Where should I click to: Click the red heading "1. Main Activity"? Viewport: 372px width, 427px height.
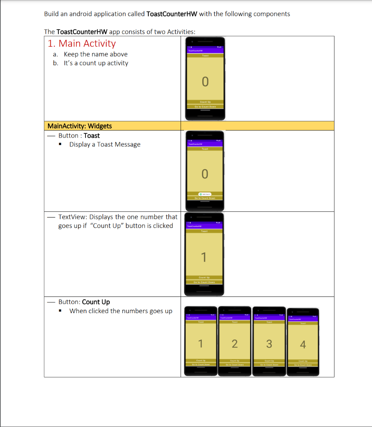pyautogui.click(x=82, y=43)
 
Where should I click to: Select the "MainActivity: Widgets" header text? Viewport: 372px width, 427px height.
pyautogui.click(x=80, y=126)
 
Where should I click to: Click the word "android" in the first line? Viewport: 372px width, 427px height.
pyautogui.click(x=81, y=14)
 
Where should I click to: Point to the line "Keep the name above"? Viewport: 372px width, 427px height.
pyautogui.click(x=96, y=54)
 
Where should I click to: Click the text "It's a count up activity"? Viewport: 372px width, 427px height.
pyautogui.click(x=96, y=63)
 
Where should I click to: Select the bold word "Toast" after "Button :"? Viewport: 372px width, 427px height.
pyautogui.click(x=92, y=136)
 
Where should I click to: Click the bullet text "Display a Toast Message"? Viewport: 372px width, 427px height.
pyautogui.click(x=105, y=144)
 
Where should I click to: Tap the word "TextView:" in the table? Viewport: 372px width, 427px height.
pyautogui.click(x=73, y=217)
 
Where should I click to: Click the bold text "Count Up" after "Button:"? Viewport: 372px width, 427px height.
pyautogui.click(x=96, y=302)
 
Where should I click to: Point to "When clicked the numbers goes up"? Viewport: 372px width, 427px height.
pyautogui.click(x=121, y=311)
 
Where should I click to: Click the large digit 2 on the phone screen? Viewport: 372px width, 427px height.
pyautogui.click(x=234, y=344)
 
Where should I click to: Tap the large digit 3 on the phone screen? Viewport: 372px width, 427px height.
pyautogui.click(x=269, y=344)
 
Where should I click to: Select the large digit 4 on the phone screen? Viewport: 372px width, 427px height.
pyautogui.click(x=303, y=345)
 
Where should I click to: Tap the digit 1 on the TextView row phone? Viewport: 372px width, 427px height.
pyautogui.click(x=204, y=258)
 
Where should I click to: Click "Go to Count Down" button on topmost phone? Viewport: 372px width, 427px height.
pyautogui.click(x=205, y=106)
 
